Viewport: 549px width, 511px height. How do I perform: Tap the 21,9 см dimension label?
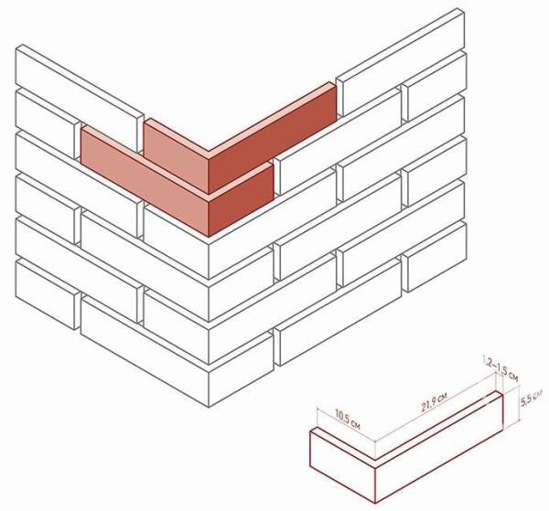click(x=434, y=403)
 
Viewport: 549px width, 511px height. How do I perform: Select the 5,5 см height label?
click(x=531, y=398)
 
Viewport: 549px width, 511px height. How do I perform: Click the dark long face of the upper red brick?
click(x=273, y=141)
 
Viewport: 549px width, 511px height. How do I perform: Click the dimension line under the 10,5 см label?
click(x=346, y=424)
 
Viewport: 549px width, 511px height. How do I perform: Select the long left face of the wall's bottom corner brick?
click(x=145, y=352)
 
